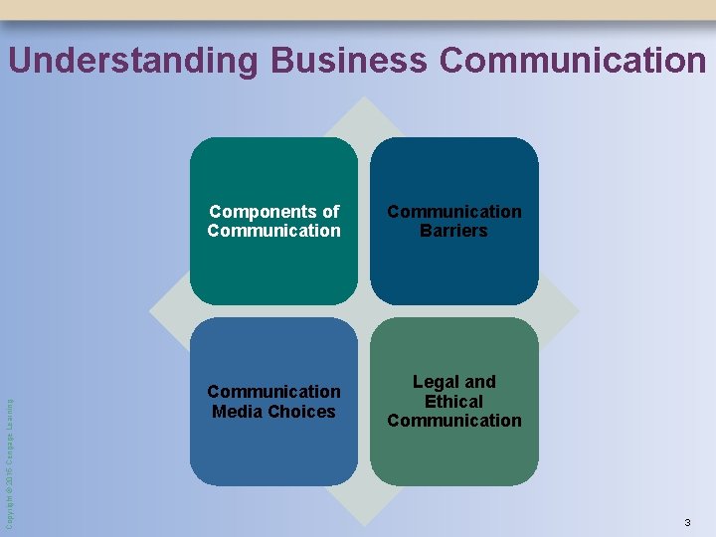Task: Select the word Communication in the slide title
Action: [x=573, y=61]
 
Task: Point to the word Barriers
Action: [x=453, y=231]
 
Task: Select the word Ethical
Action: [x=453, y=401]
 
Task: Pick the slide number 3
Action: [x=687, y=523]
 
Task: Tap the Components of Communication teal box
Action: [x=273, y=268]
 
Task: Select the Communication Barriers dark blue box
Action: [x=454, y=268]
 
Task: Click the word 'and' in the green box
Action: [x=479, y=382]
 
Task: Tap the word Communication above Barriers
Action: [x=453, y=212]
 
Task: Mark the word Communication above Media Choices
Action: [x=273, y=392]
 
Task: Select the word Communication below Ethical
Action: [x=453, y=420]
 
